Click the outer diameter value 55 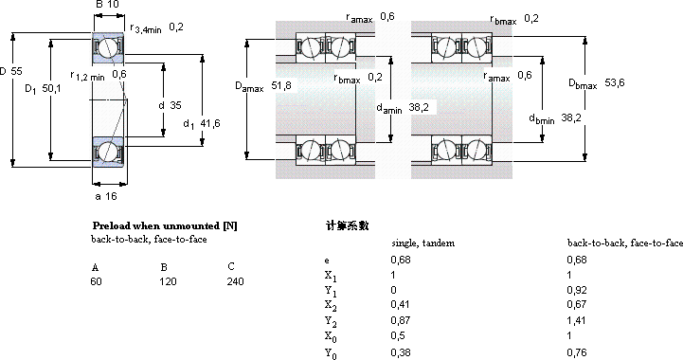16,71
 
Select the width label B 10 107,5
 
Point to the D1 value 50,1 52,89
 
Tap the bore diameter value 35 175,105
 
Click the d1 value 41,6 210,124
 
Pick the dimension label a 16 106,196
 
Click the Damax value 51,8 281,85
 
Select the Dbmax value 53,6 615,82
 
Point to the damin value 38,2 419,107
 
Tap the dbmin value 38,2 571,117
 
